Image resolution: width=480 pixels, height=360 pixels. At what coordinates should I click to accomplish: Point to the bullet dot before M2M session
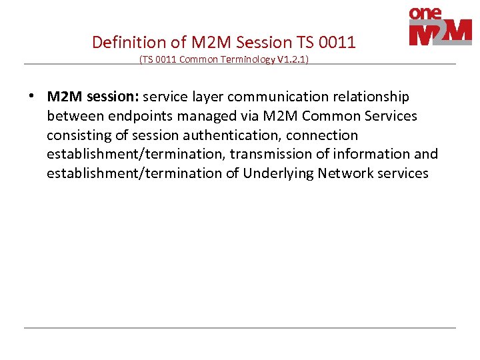pos(32,96)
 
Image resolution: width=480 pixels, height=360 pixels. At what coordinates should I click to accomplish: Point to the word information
pos(374,154)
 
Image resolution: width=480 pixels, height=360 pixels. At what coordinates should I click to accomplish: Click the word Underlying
pos(278,173)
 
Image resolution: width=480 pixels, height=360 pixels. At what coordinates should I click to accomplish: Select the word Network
pos(345,173)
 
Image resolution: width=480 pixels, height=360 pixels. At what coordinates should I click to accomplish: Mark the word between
pos(75,116)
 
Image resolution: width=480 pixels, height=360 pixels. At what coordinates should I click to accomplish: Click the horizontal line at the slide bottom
pos(240,328)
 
